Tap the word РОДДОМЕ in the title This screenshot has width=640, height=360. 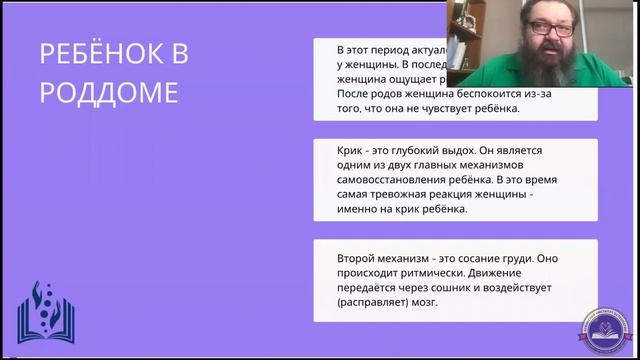point(109,92)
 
